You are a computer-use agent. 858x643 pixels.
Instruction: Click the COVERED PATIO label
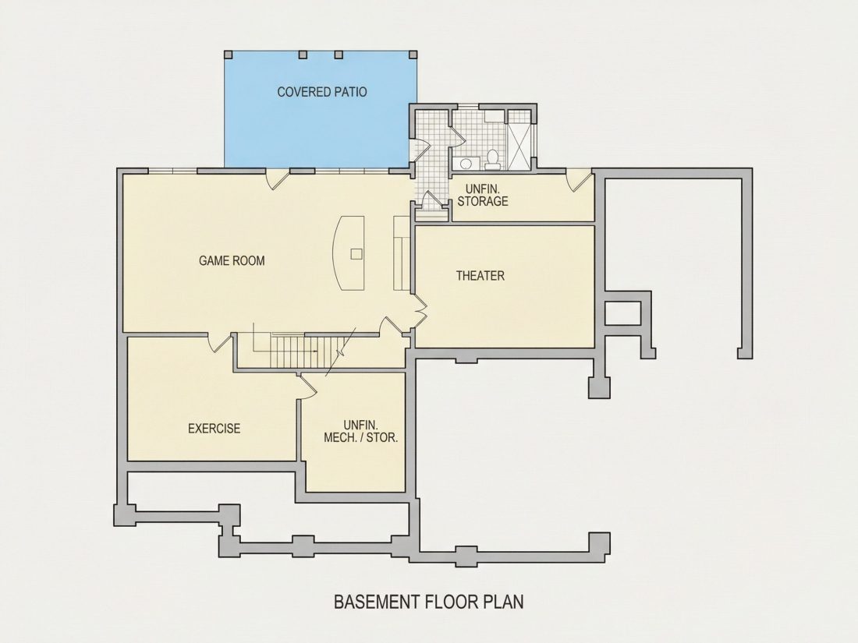point(321,92)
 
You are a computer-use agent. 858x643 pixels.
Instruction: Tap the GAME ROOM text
point(232,261)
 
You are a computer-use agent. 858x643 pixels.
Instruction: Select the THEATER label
point(480,276)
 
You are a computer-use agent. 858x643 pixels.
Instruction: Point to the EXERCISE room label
point(214,428)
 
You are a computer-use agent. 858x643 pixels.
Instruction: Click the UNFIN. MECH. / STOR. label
point(360,431)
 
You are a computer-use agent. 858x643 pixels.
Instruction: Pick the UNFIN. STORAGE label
point(483,195)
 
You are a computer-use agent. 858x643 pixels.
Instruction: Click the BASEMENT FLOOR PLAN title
point(428,602)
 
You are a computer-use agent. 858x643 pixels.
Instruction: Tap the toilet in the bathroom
point(492,157)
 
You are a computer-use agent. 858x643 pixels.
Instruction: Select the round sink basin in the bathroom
point(466,163)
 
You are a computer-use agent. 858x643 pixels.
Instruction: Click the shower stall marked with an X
point(519,140)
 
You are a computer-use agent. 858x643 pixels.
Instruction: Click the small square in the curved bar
point(356,254)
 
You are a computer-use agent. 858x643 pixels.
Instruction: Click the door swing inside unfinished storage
point(580,181)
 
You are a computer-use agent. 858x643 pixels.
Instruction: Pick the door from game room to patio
point(278,178)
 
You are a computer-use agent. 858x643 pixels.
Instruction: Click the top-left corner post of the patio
point(229,55)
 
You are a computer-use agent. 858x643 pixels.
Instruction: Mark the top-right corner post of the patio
point(413,55)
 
